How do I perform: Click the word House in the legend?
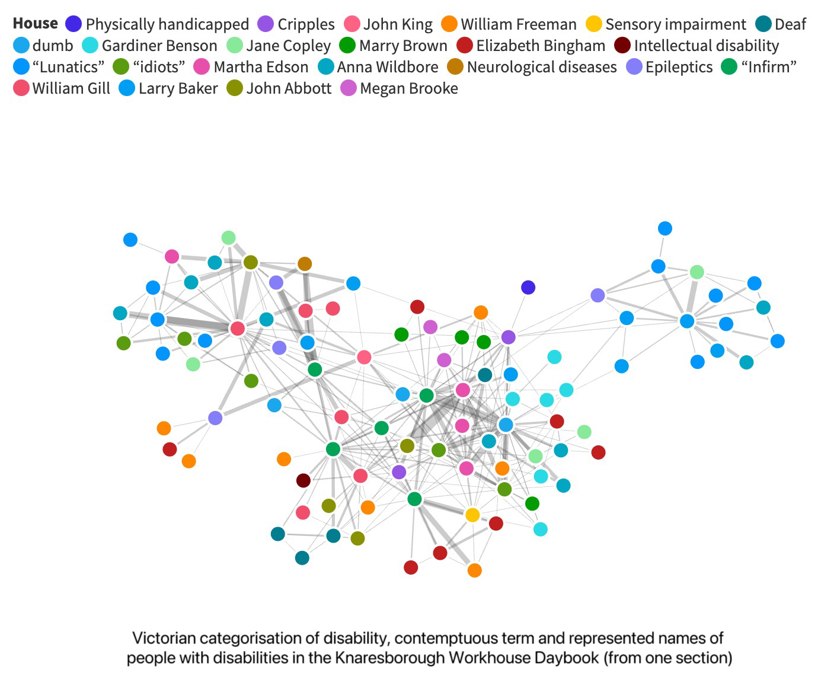click(36, 23)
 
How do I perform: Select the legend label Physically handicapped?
click(167, 24)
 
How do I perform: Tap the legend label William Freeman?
click(519, 24)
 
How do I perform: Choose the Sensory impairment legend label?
click(676, 24)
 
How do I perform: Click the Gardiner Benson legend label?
click(159, 46)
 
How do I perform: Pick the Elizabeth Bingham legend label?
click(541, 46)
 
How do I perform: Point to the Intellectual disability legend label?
click(707, 46)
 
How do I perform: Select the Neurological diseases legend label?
click(542, 67)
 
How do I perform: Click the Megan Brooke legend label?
click(409, 88)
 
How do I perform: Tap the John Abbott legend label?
click(289, 88)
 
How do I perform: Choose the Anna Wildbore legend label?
click(388, 67)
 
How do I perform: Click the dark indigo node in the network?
click(528, 288)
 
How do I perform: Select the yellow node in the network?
click(472, 515)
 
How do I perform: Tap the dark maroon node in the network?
click(304, 480)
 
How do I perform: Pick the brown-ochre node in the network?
click(305, 264)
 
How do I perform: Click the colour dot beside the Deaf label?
click(763, 24)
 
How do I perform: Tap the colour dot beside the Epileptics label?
click(635, 67)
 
